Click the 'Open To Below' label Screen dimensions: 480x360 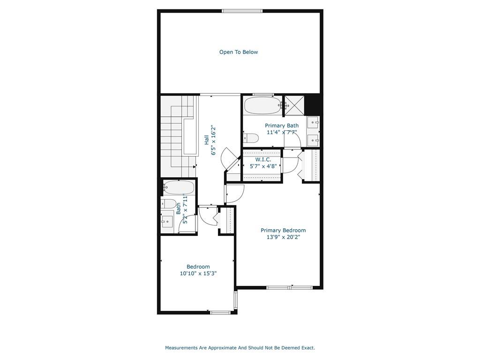pos(239,52)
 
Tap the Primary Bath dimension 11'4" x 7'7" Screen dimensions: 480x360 pos(282,132)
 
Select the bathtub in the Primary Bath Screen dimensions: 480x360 pos(263,105)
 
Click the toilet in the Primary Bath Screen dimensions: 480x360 pos(251,138)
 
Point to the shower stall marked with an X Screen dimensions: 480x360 pos(295,105)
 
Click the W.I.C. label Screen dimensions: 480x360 pos(263,159)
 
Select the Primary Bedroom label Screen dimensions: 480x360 pos(283,230)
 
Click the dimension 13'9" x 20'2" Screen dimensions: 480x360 pos(283,237)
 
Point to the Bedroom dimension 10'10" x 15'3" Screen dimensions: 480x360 pos(198,273)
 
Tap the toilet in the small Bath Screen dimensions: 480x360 pos(169,203)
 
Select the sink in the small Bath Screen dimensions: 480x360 pos(167,221)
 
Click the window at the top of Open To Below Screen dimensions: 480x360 pos(242,11)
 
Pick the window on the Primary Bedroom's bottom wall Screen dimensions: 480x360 pos(290,287)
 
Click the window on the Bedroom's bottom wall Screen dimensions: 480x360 pos(220,313)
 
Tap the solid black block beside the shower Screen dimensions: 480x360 pos(313,105)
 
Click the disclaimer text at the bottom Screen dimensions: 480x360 pos(240,348)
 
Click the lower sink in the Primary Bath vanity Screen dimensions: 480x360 pos(313,141)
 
